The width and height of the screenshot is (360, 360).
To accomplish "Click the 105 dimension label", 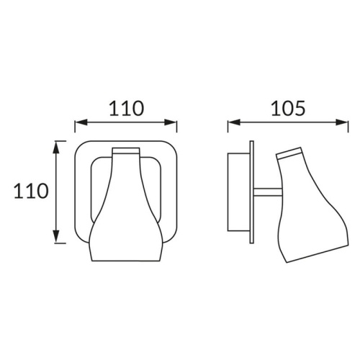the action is tap(288, 108).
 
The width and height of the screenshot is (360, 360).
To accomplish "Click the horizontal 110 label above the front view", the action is tap(127, 108).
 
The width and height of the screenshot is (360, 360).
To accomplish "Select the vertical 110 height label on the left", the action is tap(31, 191).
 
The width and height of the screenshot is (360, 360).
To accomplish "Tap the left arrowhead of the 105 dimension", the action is tap(234, 122).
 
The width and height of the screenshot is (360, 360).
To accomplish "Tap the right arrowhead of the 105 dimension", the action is tap(342, 122).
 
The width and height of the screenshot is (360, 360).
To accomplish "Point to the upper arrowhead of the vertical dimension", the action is tap(56, 148).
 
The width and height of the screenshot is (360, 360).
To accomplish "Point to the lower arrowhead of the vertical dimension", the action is tap(56, 237).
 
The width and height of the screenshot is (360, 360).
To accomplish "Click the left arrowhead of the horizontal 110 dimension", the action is tap(81, 122).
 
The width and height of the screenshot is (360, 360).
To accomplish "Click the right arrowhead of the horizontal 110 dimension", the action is tap(171, 122).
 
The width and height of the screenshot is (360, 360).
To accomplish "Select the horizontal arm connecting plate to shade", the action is tap(267, 192).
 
